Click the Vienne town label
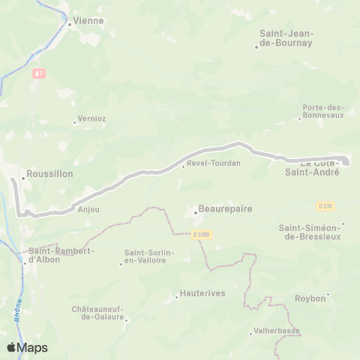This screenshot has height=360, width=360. pyautogui.click(x=88, y=21)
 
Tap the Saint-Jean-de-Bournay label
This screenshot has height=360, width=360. pyautogui.click(x=286, y=38)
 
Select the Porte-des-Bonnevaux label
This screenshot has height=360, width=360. pyautogui.click(x=323, y=112)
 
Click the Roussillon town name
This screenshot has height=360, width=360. pyautogui.click(x=49, y=173)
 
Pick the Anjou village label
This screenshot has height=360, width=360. pyautogui.click(x=88, y=210)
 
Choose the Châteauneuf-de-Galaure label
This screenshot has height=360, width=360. pyautogui.click(x=100, y=313)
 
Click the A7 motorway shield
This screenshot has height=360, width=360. pyautogui.click(x=39, y=73)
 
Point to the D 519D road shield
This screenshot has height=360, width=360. pyautogui.click(x=202, y=235)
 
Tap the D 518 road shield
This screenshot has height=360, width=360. pyautogui.click(x=325, y=205)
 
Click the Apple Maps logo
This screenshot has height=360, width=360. pyautogui.click(x=27, y=347)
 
